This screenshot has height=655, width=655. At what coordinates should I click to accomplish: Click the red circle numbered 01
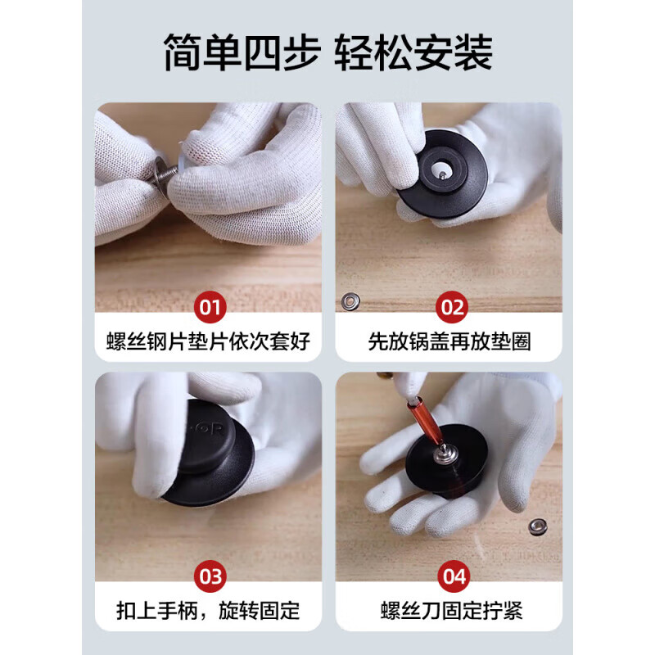[210, 307]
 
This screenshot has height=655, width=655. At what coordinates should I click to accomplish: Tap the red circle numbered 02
[452, 307]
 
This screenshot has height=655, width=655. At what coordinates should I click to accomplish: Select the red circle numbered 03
[210, 576]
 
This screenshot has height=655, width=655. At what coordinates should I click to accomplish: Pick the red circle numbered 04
[454, 576]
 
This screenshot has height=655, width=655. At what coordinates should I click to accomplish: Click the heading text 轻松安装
[413, 53]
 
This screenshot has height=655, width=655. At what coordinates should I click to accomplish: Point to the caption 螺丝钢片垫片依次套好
[209, 341]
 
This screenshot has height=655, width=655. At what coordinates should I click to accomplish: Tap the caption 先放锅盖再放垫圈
[449, 341]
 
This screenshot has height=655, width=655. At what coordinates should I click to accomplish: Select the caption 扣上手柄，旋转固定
[209, 611]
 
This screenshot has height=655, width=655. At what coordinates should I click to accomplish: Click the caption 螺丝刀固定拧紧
[452, 611]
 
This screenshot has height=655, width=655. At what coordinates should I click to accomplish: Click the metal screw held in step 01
[166, 174]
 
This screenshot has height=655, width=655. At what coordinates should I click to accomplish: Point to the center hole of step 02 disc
[440, 170]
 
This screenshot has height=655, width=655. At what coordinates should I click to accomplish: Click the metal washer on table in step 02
[350, 301]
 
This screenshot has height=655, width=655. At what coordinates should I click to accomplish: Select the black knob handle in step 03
[209, 454]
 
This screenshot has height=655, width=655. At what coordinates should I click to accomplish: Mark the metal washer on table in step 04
[538, 526]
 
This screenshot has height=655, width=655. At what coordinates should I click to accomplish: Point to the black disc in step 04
[447, 463]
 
